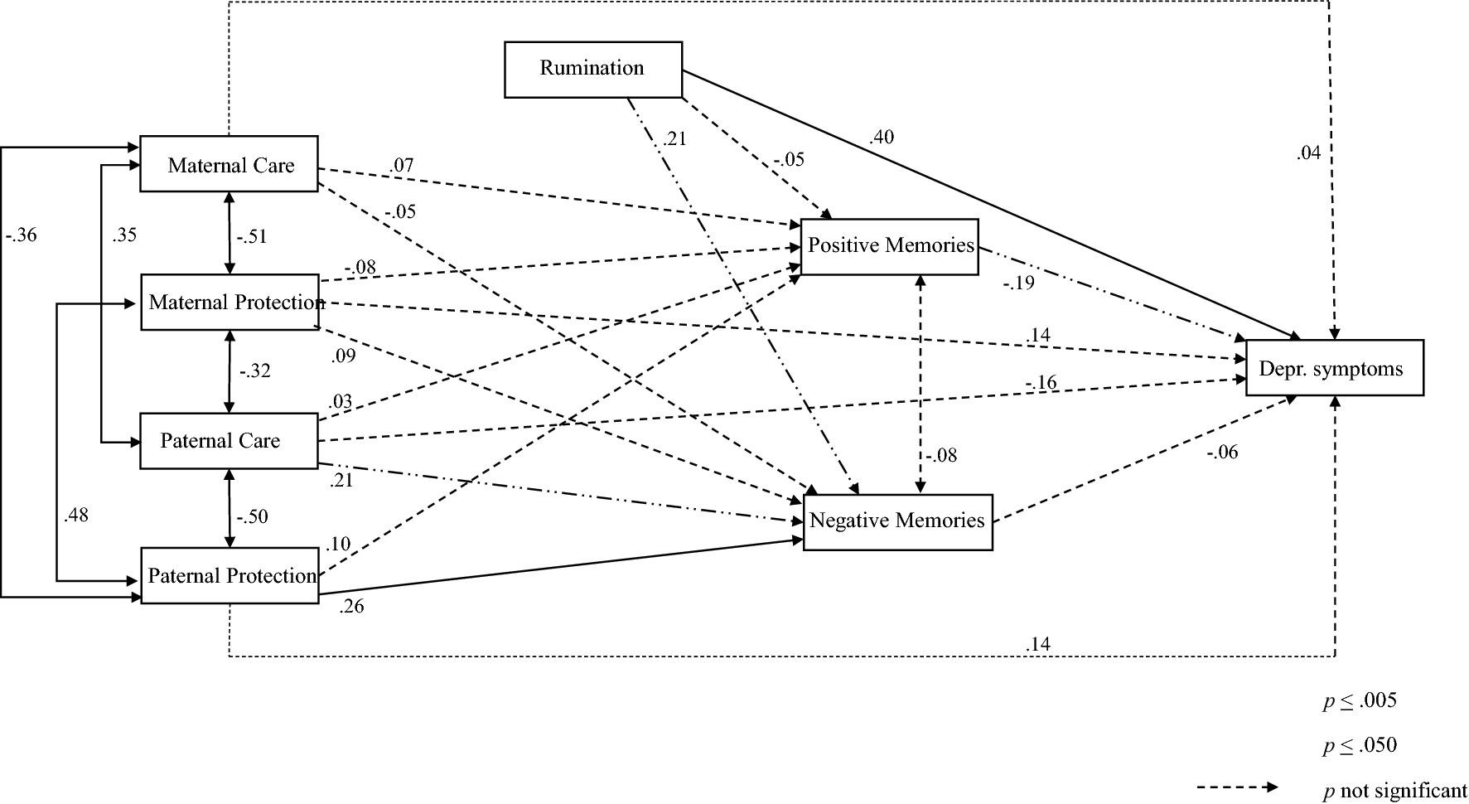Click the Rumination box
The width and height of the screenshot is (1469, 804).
[x=592, y=69]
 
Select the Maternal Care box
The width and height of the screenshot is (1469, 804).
[x=230, y=165]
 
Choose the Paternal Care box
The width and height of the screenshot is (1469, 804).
[x=229, y=441]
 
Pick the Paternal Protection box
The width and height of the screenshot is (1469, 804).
[x=230, y=576]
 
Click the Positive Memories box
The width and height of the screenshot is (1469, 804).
[x=890, y=246]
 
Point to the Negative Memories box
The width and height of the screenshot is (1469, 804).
[x=897, y=521]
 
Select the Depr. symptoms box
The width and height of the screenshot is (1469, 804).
[x=1334, y=369]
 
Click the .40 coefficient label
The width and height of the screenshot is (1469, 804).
[x=882, y=138]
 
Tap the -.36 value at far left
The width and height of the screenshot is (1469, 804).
[x=22, y=235]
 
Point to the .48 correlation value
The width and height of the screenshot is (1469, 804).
[x=75, y=516]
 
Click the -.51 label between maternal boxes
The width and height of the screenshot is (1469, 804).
[x=252, y=237]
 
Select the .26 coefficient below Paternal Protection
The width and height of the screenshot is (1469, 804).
[x=351, y=607]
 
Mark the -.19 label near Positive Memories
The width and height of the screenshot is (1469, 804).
[x=1019, y=283]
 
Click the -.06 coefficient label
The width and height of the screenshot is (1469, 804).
[x=1222, y=453]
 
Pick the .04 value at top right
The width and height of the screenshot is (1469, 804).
[x=1308, y=153]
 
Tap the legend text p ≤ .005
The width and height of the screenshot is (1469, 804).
[x=1360, y=701]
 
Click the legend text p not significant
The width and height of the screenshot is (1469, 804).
[x=1394, y=792]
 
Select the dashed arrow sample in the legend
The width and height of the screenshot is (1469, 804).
[x=1237, y=787]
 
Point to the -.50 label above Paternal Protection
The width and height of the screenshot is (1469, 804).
[x=252, y=517]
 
